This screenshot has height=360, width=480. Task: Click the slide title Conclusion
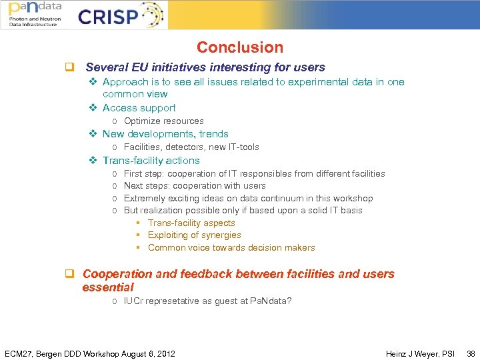(x=239, y=47)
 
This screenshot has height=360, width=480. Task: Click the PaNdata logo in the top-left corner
(x=34, y=15)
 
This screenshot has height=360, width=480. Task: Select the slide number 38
(x=471, y=353)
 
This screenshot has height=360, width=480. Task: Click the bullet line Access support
(x=139, y=108)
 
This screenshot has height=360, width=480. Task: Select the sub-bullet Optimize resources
(x=163, y=121)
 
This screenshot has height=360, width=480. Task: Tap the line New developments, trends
(x=165, y=134)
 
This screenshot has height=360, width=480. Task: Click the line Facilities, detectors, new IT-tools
(x=191, y=147)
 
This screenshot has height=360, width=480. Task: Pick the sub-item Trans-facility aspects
(x=191, y=223)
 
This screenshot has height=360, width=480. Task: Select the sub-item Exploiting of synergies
(x=194, y=235)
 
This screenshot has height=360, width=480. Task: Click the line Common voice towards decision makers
(x=231, y=248)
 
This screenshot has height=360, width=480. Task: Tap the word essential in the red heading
(x=108, y=287)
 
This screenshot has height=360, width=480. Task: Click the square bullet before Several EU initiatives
(x=68, y=67)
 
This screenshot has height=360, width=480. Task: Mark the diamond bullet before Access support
(x=93, y=108)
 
